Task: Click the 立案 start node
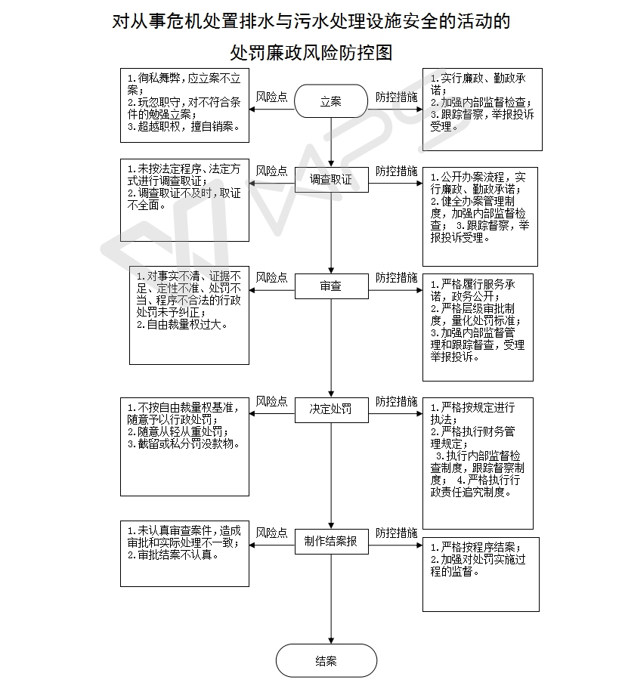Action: [330, 101]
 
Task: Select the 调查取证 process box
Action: [331, 180]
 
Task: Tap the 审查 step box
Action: [331, 286]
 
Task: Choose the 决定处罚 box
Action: [331, 410]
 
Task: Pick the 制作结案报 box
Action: [331, 542]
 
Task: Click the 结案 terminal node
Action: [326, 660]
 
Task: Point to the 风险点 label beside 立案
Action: [271, 97]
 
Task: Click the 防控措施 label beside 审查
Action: [396, 278]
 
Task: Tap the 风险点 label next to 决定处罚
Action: [271, 402]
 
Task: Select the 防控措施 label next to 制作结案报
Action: [396, 533]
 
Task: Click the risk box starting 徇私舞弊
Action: [184, 106]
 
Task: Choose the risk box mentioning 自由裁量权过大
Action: [189, 315]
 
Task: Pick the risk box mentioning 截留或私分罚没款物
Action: [184, 447]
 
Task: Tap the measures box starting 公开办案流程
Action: [480, 217]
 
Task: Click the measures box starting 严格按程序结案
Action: [481, 574]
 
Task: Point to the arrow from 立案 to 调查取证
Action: [331, 142]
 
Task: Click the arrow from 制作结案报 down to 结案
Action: [331, 599]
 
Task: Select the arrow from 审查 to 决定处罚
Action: [331, 348]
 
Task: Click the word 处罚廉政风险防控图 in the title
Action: [311, 53]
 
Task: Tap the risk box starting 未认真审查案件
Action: [184, 554]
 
